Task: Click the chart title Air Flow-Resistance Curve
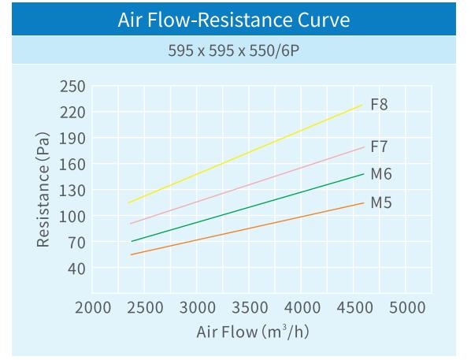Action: (235, 19)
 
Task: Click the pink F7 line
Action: (244, 178)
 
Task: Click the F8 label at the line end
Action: (379, 105)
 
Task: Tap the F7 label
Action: (379, 147)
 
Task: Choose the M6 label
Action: (380, 174)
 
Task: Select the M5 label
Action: (380, 202)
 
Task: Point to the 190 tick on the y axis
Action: (72, 138)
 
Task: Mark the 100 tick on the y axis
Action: (72, 216)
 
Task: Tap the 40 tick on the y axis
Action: (76, 268)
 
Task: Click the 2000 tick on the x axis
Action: (93, 307)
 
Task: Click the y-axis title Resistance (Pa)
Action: (44, 189)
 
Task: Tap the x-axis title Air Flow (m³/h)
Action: (252, 331)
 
